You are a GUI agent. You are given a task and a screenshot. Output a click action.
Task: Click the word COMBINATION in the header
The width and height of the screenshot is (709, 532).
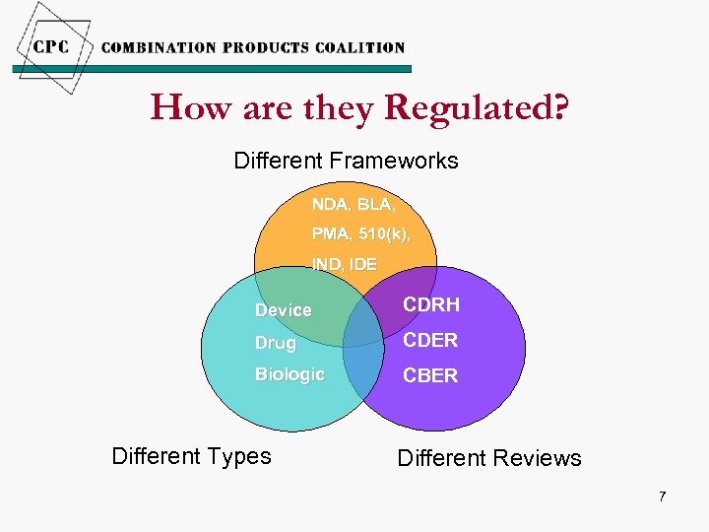pyautogui.click(x=159, y=47)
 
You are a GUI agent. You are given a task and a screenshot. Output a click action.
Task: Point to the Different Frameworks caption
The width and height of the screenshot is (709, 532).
pyautogui.click(x=346, y=161)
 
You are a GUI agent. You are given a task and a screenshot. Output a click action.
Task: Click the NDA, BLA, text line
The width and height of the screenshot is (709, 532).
pyautogui.click(x=354, y=205)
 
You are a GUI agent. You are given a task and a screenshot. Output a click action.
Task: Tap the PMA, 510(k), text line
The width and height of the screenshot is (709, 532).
pyautogui.click(x=360, y=234)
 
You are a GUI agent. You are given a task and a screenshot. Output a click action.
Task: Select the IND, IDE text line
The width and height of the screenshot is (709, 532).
pyautogui.click(x=344, y=264)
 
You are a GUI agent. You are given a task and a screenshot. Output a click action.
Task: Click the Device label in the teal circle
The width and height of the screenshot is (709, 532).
pyautogui.click(x=284, y=310)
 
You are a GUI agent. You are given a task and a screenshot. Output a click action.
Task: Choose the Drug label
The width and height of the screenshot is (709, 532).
pyautogui.click(x=276, y=343)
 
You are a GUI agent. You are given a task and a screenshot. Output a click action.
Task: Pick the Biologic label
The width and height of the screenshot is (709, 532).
pyautogui.click(x=290, y=374)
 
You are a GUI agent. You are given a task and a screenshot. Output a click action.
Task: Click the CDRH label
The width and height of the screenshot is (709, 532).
pyautogui.click(x=431, y=304)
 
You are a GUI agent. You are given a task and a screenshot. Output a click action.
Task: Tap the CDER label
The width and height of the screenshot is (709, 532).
pyautogui.click(x=430, y=340)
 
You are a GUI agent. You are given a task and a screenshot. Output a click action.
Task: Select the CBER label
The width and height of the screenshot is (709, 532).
pyautogui.click(x=430, y=375)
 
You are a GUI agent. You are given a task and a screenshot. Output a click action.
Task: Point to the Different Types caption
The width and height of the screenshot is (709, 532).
pyautogui.click(x=191, y=456)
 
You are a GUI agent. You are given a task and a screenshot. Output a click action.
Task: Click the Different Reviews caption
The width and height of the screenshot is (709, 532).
pyautogui.click(x=488, y=458)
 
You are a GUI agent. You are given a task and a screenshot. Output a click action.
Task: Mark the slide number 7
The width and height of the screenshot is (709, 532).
pyautogui.click(x=662, y=497)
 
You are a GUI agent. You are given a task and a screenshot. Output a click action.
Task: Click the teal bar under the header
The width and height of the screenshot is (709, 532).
pyautogui.click(x=212, y=69)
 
